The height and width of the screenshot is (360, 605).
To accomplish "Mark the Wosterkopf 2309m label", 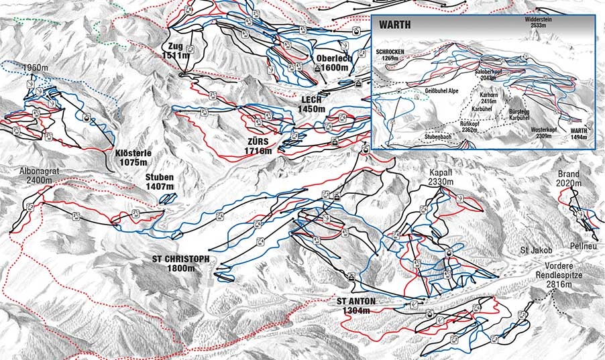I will (544, 132).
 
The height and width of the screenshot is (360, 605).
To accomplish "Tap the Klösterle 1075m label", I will (132, 157).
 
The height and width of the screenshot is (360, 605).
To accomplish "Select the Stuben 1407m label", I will (159, 181).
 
